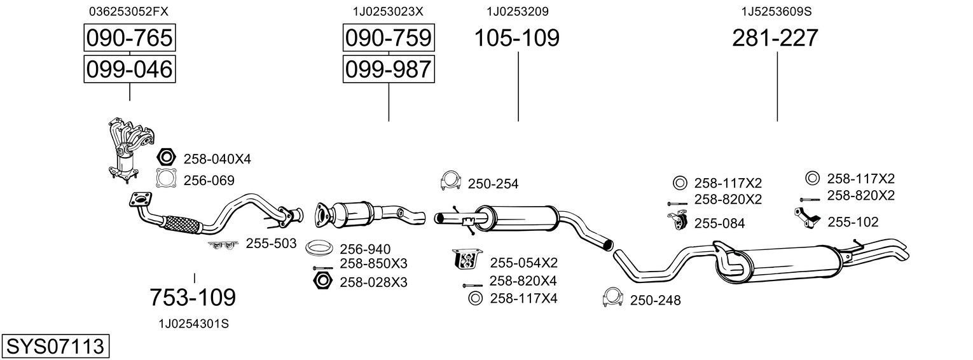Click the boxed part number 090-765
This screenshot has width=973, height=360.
tap(129, 38)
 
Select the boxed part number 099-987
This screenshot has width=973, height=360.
tap(388, 69)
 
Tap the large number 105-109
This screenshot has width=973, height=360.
tap(517, 38)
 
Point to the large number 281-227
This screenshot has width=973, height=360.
tap(775, 38)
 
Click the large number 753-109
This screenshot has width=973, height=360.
tap(193, 297)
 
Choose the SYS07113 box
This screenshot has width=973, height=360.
tap(55, 347)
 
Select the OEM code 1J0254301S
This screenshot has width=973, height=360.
tap(193, 324)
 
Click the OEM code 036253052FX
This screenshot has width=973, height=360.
tap(129, 11)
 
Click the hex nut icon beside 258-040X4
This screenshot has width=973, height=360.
tap(167, 158)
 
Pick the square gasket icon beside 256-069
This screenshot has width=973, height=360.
tap(167, 180)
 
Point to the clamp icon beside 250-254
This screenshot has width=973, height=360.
tap(451, 182)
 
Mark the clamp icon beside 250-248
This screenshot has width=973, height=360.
tap(612, 298)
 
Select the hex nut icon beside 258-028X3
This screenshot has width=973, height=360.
tap(322, 280)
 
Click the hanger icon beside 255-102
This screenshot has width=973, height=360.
tap(806, 218)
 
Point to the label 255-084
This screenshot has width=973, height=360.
tap(719, 223)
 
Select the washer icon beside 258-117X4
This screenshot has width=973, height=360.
tap(474, 298)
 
